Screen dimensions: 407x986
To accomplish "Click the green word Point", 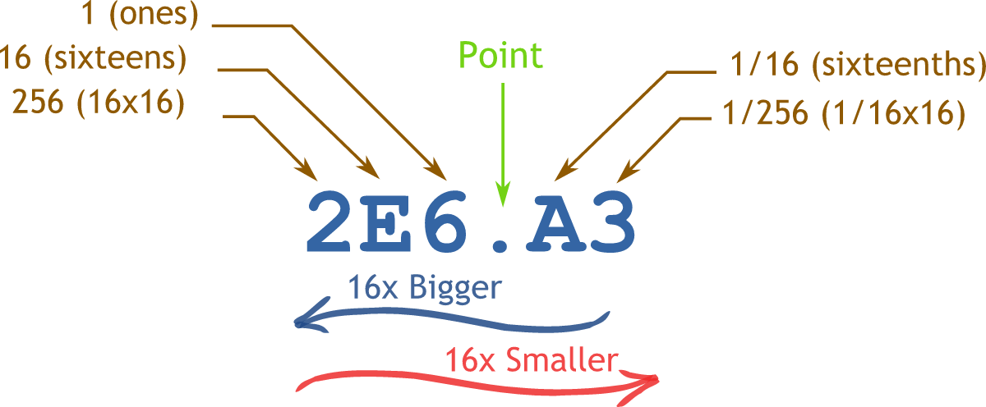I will pos(500,56).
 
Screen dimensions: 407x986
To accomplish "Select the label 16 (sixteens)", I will pos(94,60).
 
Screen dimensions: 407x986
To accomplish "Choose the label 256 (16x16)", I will pos(98,104).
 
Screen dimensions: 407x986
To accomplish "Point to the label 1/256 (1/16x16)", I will pos(843,114).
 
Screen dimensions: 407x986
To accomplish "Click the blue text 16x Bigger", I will pos(423,288).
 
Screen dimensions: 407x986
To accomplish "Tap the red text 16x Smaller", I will pos(530,360).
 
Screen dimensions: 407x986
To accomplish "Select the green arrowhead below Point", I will pos(501,192).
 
